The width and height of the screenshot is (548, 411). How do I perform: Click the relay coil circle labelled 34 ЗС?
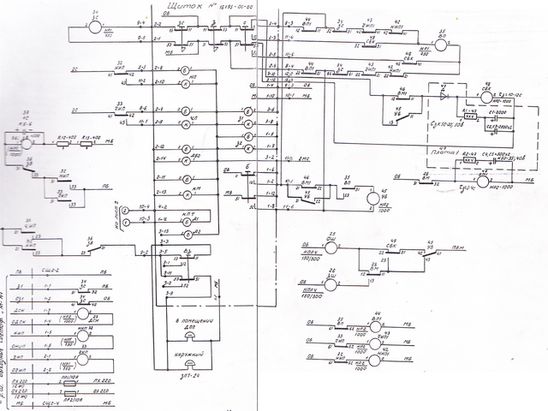[94, 27]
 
